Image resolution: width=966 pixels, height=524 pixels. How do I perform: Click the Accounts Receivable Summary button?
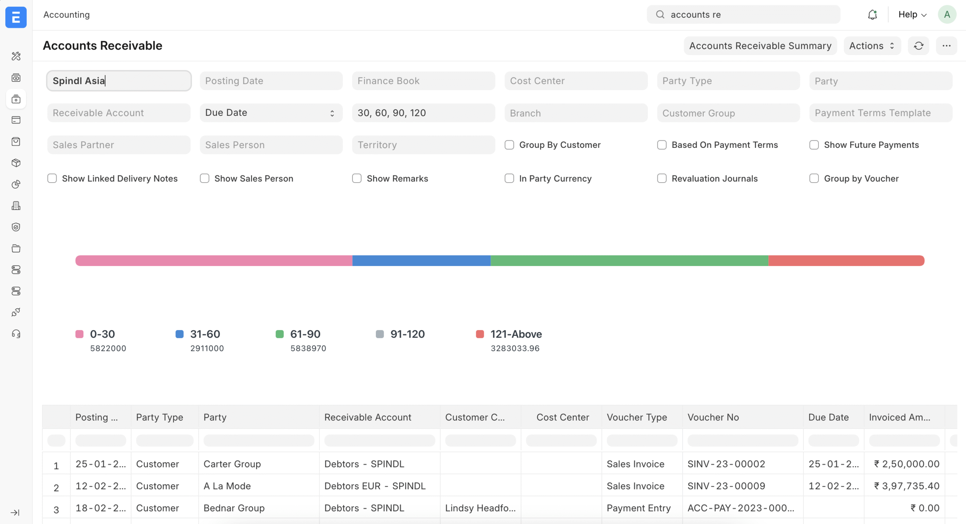pos(760,46)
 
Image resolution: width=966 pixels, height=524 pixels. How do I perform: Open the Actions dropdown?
pos(872,46)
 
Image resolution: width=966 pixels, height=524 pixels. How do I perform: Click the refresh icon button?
pos(918,46)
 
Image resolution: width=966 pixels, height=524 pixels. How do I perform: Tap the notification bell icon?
pos(872,15)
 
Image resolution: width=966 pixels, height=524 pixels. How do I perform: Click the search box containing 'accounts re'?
pos(743,15)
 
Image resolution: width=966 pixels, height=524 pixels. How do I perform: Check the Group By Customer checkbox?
pos(509,145)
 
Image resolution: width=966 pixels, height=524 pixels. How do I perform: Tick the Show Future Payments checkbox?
pos(814,145)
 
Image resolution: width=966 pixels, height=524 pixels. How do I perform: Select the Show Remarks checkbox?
pos(357,178)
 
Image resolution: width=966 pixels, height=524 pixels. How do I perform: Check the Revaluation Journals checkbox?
pos(661,178)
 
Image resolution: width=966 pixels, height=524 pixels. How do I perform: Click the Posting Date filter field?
pos(271,81)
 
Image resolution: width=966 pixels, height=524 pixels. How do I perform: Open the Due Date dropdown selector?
pos(271,113)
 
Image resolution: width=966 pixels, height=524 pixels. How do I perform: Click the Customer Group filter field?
pos(728,113)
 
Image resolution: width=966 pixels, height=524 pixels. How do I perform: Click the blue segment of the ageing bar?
pos(421,261)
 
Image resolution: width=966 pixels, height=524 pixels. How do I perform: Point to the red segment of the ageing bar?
pos(846,261)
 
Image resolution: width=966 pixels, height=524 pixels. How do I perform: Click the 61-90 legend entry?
pos(305,334)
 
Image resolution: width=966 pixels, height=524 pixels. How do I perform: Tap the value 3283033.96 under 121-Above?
pos(515,348)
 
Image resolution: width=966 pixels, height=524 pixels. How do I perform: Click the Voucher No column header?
pos(713,417)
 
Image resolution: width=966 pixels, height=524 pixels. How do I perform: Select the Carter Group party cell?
pos(232,464)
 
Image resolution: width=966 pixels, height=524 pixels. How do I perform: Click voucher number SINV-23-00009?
pos(726,486)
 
